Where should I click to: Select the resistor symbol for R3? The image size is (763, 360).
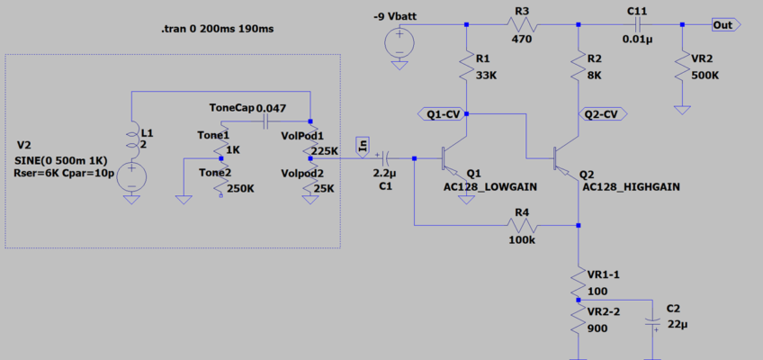click(522, 25)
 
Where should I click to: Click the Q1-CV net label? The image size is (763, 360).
click(442, 114)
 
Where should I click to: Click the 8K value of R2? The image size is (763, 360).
click(595, 76)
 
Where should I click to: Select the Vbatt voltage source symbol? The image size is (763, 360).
click(398, 41)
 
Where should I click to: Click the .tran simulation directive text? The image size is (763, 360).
click(216, 30)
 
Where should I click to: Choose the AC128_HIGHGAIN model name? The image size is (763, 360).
click(631, 187)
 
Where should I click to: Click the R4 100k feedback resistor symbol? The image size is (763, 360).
click(522, 225)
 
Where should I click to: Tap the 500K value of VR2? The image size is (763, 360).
click(705, 76)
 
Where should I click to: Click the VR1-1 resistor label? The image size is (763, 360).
click(604, 274)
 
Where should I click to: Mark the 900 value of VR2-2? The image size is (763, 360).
click(596, 328)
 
